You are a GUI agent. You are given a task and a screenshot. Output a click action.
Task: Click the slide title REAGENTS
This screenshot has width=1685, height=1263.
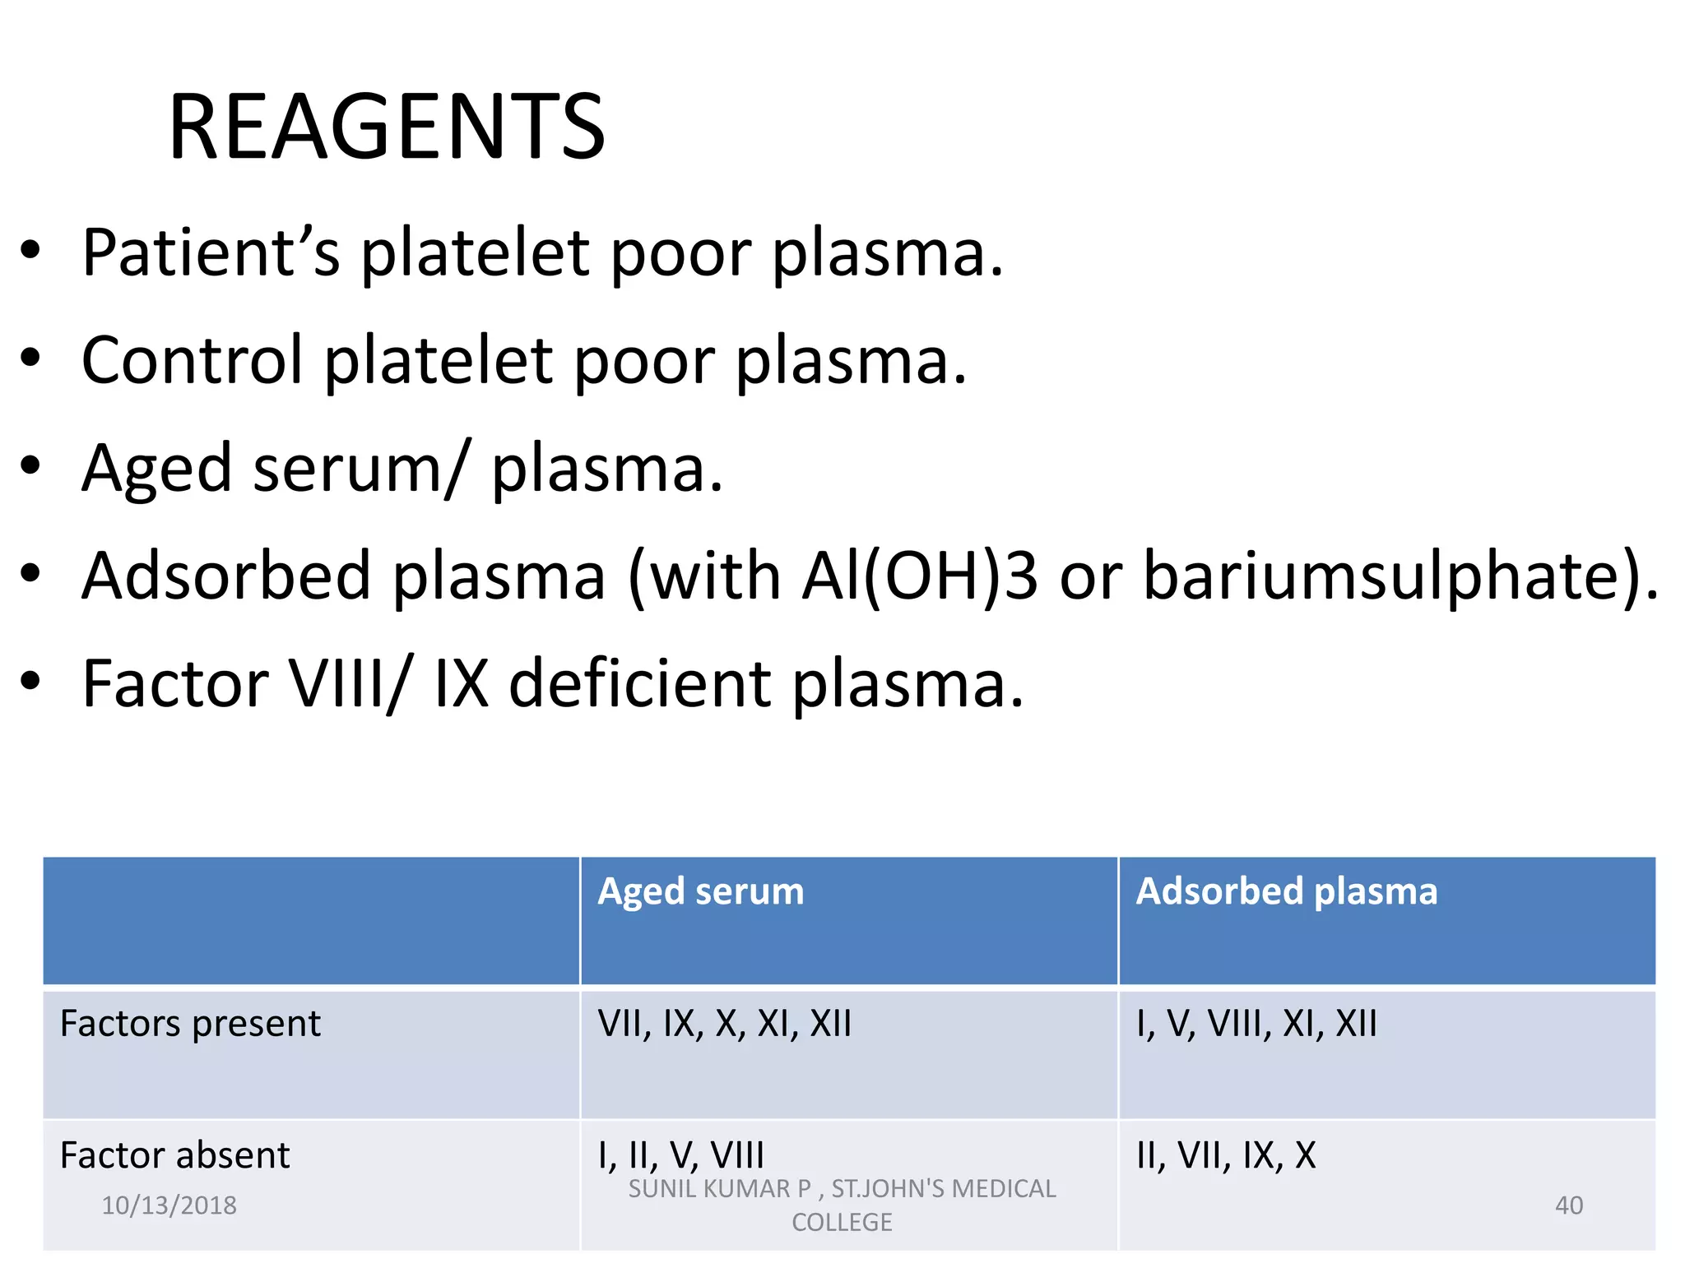click(x=387, y=127)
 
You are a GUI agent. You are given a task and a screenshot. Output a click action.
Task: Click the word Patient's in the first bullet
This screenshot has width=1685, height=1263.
click(x=211, y=252)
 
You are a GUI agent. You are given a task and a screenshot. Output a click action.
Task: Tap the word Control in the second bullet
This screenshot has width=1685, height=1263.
click(x=192, y=360)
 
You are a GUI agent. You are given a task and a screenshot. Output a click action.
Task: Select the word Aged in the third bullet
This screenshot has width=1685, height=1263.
click(x=156, y=469)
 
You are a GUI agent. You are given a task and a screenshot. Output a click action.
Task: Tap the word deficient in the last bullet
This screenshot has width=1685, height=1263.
click(x=640, y=684)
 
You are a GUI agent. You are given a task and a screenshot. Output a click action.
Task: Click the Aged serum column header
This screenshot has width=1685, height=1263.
click(x=700, y=891)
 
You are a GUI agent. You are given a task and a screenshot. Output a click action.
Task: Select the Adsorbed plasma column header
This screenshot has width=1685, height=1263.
click(x=1286, y=891)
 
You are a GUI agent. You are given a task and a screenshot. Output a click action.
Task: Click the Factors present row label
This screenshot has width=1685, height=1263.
click(x=190, y=1024)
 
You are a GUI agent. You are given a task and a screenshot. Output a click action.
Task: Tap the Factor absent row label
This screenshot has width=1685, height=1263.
click(x=174, y=1155)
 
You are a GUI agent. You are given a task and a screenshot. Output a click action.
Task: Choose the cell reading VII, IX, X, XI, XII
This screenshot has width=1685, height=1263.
click(x=724, y=1024)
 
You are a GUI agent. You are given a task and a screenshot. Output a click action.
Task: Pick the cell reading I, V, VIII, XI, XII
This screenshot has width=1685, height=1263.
click(x=1256, y=1024)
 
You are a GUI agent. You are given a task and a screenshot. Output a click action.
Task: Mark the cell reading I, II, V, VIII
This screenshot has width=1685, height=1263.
click(x=680, y=1155)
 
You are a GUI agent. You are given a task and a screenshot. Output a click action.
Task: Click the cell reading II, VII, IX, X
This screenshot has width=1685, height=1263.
click(x=1225, y=1155)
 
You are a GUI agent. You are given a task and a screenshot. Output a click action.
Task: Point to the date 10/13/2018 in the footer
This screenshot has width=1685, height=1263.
click(x=169, y=1205)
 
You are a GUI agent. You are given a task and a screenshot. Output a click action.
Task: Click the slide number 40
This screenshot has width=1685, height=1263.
click(x=1568, y=1205)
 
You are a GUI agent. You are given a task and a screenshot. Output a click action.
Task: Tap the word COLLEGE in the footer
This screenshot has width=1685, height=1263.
click(x=842, y=1223)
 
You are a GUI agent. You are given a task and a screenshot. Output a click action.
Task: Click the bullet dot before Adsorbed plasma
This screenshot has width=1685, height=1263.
click(x=30, y=575)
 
